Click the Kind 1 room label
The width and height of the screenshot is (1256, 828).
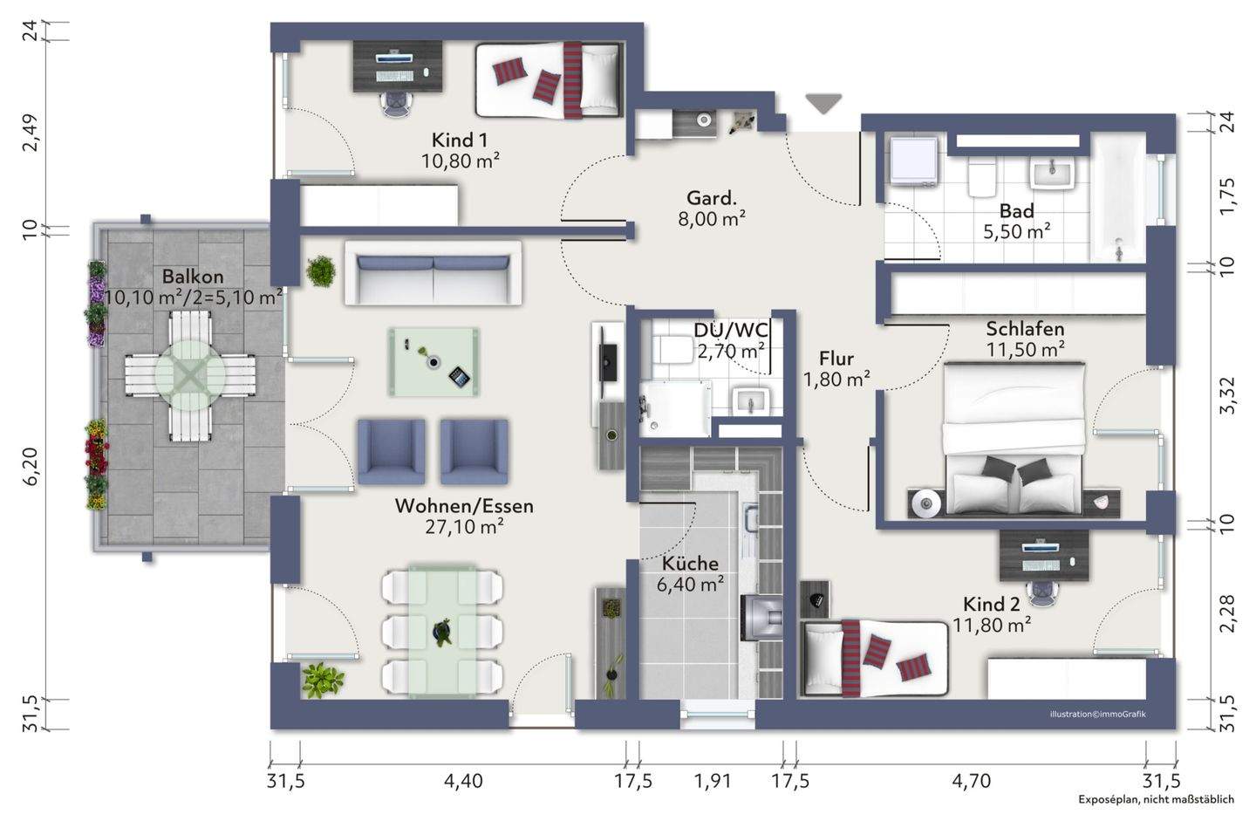(x=459, y=140)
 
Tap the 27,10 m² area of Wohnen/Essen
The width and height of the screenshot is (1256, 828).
(x=464, y=527)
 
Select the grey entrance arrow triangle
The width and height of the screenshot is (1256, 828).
(x=823, y=104)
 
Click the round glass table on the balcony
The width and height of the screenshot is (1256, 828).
(x=190, y=374)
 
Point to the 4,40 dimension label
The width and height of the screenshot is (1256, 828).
(x=463, y=781)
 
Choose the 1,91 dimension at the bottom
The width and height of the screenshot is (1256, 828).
(x=712, y=781)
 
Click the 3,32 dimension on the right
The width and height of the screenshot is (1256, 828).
(x=1227, y=395)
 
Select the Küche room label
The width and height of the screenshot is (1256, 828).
(x=690, y=564)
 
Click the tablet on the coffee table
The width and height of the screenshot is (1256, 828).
(x=459, y=376)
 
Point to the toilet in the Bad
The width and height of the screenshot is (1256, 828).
(x=981, y=177)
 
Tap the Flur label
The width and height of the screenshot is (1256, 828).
(x=836, y=359)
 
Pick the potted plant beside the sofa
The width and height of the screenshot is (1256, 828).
(x=321, y=271)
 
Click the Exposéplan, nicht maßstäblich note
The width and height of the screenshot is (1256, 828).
(x=1157, y=799)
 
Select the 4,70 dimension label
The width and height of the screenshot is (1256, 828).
(x=971, y=781)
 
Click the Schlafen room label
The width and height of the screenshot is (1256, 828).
(x=1025, y=329)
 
